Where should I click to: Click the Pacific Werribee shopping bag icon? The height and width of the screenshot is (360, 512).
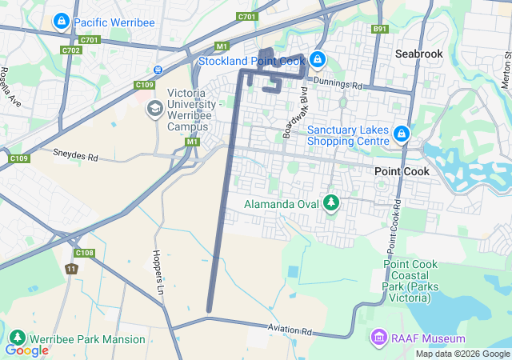pyautogui.click(x=61, y=21)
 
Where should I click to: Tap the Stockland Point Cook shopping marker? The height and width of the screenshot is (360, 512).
pyautogui.click(x=318, y=59)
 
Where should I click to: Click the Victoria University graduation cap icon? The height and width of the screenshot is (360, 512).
pyautogui.click(x=154, y=107)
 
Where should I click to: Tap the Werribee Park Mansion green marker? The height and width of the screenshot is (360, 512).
pyautogui.click(x=18, y=339)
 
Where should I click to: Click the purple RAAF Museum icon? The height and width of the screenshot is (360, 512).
pyautogui.click(x=378, y=338)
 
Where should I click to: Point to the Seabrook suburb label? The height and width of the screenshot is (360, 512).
pyautogui.click(x=418, y=54)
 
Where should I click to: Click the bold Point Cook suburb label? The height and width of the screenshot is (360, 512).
pyautogui.click(x=402, y=171)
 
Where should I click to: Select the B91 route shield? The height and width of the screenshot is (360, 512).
pyautogui.click(x=380, y=30)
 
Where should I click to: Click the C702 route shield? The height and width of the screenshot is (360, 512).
pyautogui.click(x=71, y=50)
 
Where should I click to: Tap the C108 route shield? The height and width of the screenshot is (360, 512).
pyautogui.click(x=85, y=254)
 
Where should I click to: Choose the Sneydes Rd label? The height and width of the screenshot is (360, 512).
pyautogui.click(x=74, y=153)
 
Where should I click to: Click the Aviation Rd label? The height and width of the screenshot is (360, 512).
pyautogui.click(x=290, y=330)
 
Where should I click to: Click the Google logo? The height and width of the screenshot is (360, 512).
pyautogui.click(x=26, y=350)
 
